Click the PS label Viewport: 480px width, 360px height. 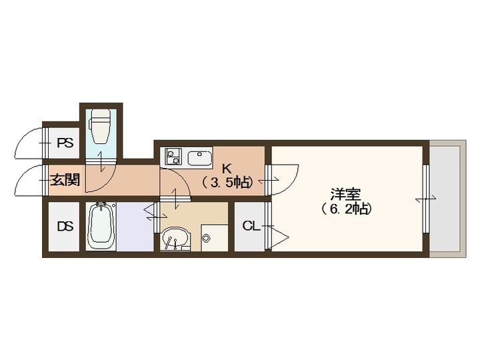tap(64, 143)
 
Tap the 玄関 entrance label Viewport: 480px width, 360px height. tap(65, 179)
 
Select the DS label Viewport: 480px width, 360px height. tap(64, 226)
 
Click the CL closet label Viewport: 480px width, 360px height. tap(251, 226)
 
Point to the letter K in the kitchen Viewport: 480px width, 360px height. tap(227, 169)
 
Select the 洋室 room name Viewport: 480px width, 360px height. tap(345, 195)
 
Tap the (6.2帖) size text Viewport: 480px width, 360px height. tap(345, 209)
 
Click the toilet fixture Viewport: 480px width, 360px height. tap(101, 127)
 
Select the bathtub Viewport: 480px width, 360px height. tap(101, 226)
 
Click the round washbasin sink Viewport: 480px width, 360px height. tap(175, 237)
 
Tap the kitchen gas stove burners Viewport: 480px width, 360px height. tap(173, 157)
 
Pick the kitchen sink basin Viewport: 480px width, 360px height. tap(199, 159)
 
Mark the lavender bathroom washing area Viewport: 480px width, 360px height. tap(132, 227)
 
